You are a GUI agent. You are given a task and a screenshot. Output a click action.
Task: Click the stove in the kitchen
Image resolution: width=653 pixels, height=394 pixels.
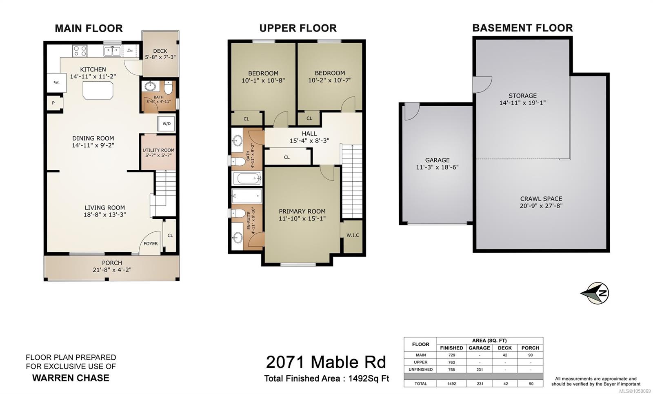80,51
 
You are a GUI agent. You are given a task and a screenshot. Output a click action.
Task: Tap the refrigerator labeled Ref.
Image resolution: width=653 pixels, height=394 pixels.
57,82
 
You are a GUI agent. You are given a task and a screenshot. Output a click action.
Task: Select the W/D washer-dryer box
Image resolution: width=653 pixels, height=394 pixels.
166,124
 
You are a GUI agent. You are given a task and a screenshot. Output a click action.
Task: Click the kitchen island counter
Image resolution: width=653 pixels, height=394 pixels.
98,90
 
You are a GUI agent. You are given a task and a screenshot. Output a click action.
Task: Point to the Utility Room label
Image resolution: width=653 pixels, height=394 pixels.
158,150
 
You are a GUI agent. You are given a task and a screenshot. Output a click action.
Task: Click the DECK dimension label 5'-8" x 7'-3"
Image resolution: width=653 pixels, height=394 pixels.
160,57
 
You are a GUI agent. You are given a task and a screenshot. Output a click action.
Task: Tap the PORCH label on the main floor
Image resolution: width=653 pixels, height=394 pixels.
112,263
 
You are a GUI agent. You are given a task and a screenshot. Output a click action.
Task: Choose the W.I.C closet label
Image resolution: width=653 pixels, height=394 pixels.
353,235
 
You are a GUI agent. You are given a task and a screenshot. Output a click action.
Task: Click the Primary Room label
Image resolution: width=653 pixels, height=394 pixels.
302,211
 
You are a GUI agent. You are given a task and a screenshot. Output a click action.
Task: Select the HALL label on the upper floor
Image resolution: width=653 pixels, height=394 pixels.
309,134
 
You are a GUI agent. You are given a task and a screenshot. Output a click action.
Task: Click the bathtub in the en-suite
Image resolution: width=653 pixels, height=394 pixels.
247,196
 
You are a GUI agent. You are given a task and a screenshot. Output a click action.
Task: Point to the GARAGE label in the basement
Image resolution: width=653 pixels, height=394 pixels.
437,160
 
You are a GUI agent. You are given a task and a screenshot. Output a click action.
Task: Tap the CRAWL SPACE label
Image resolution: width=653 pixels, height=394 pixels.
541,199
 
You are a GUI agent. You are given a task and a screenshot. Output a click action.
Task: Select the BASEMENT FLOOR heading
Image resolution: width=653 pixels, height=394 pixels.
522,28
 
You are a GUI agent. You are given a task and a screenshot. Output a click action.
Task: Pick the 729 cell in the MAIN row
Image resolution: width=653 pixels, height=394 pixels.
451,355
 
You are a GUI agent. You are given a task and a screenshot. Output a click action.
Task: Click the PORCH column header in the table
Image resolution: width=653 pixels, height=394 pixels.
530,348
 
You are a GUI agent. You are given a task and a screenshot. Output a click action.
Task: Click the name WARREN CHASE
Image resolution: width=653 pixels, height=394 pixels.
71,378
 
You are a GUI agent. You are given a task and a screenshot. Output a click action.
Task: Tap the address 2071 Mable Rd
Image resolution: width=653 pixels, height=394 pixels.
326,362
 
